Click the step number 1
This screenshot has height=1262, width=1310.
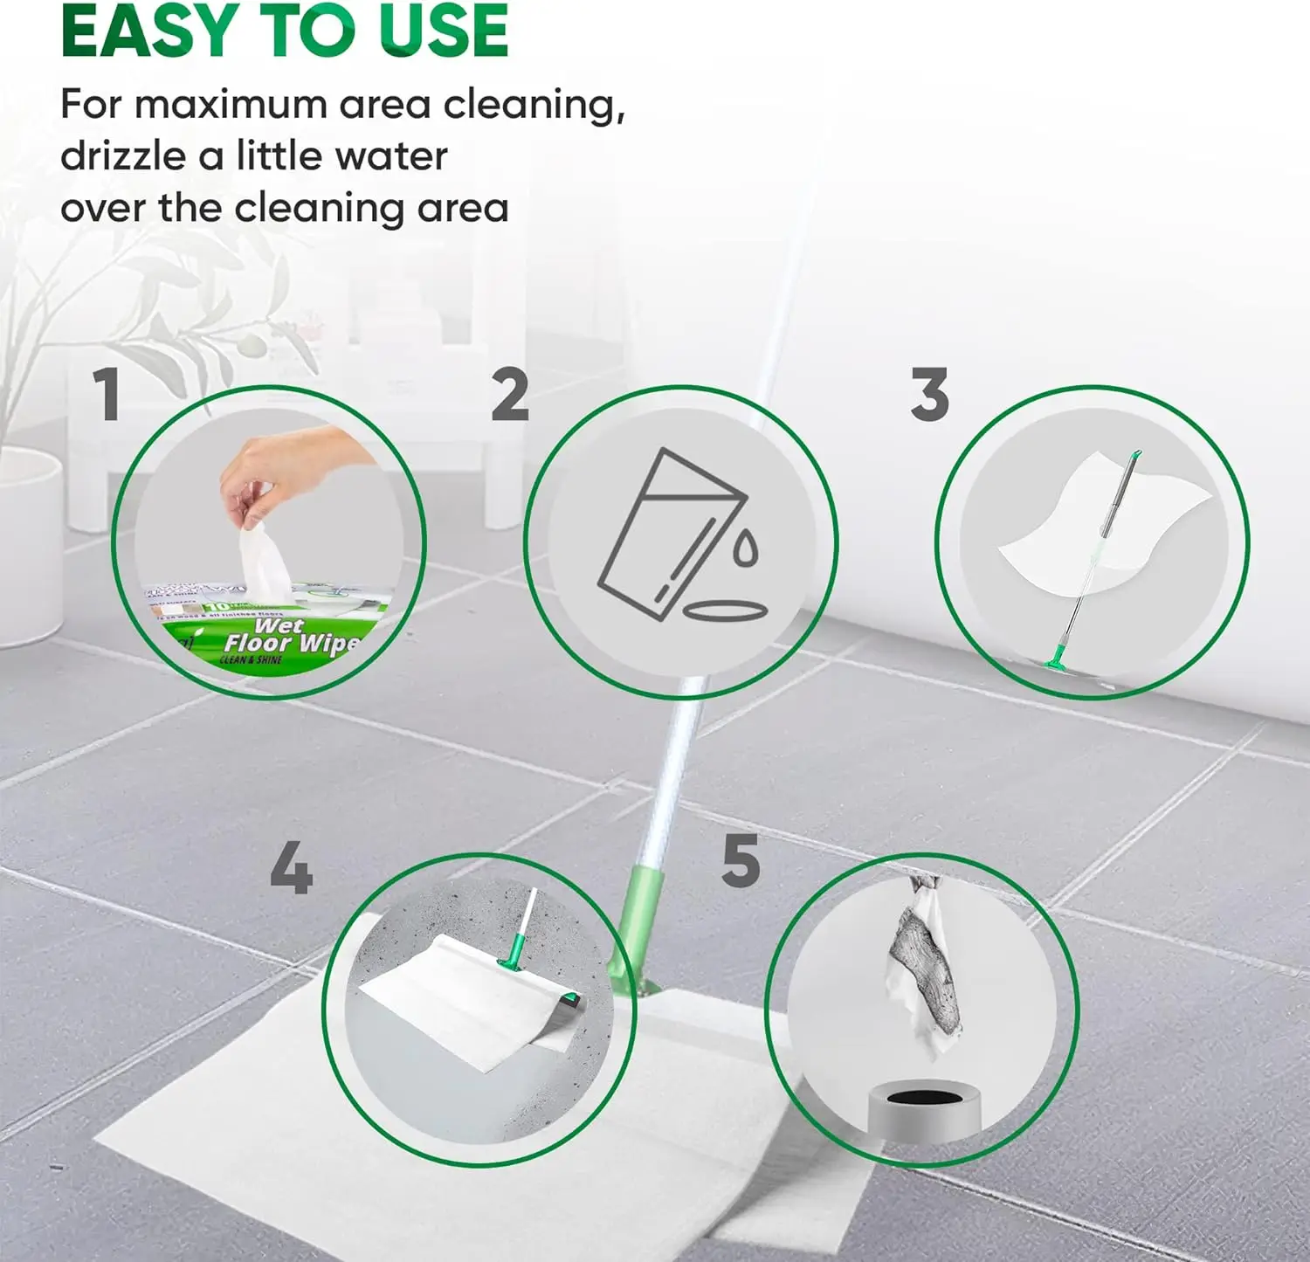pyautogui.click(x=107, y=395)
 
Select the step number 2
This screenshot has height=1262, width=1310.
pyautogui.click(x=510, y=395)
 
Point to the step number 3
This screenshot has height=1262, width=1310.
pyautogui.click(x=929, y=395)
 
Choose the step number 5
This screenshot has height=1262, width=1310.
pyautogui.click(x=741, y=861)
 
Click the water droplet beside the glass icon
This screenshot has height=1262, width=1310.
pyautogui.click(x=745, y=548)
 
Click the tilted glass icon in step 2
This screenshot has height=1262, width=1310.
pyautogui.click(x=668, y=533)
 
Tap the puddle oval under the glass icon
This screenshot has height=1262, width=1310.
pyautogui.click(x=723, y=609)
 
